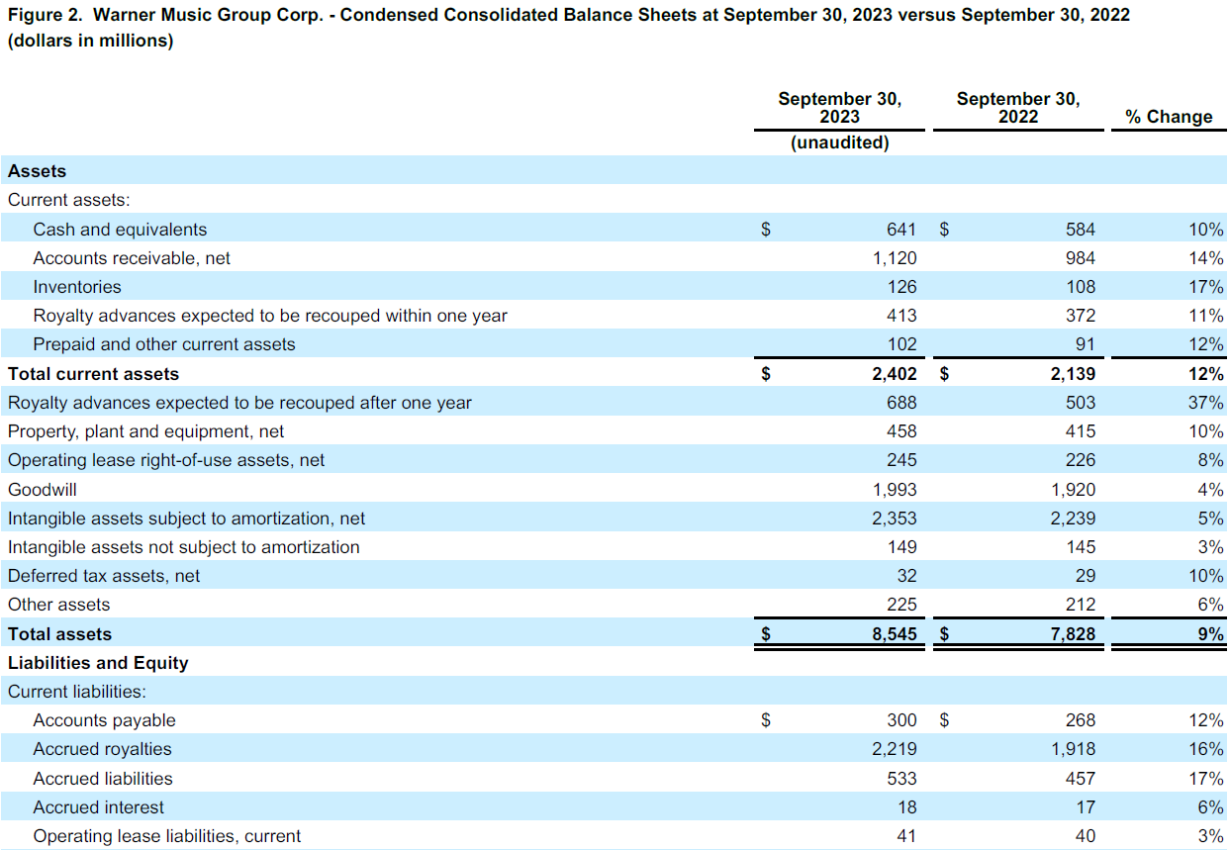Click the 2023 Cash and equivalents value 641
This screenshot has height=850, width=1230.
900,230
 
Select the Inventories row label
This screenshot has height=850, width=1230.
77,287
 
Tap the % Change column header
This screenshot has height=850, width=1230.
1168,117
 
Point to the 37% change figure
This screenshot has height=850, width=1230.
1206,403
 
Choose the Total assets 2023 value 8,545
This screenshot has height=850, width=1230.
894,634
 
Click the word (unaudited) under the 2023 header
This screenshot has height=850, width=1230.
839,142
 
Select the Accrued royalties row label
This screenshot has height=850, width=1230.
102,749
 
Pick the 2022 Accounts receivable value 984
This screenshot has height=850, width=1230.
1080,258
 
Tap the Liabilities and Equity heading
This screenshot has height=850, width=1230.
98,663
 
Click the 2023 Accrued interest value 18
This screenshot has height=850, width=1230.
906,807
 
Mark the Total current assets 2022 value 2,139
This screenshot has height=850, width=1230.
1073,374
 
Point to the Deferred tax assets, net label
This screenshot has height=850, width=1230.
104,576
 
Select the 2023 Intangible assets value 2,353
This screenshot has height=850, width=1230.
894,519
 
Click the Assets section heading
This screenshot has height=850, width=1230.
37,171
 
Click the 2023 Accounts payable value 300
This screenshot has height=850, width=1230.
900,720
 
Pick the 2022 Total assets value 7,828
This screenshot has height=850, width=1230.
1073,634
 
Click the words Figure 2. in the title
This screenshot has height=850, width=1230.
44,16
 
